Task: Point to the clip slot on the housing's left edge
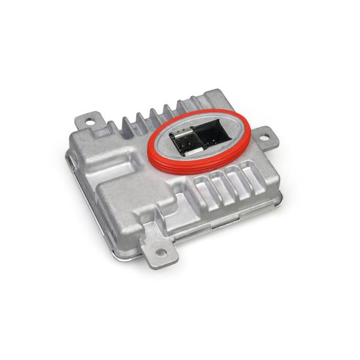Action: coord(71,163)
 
